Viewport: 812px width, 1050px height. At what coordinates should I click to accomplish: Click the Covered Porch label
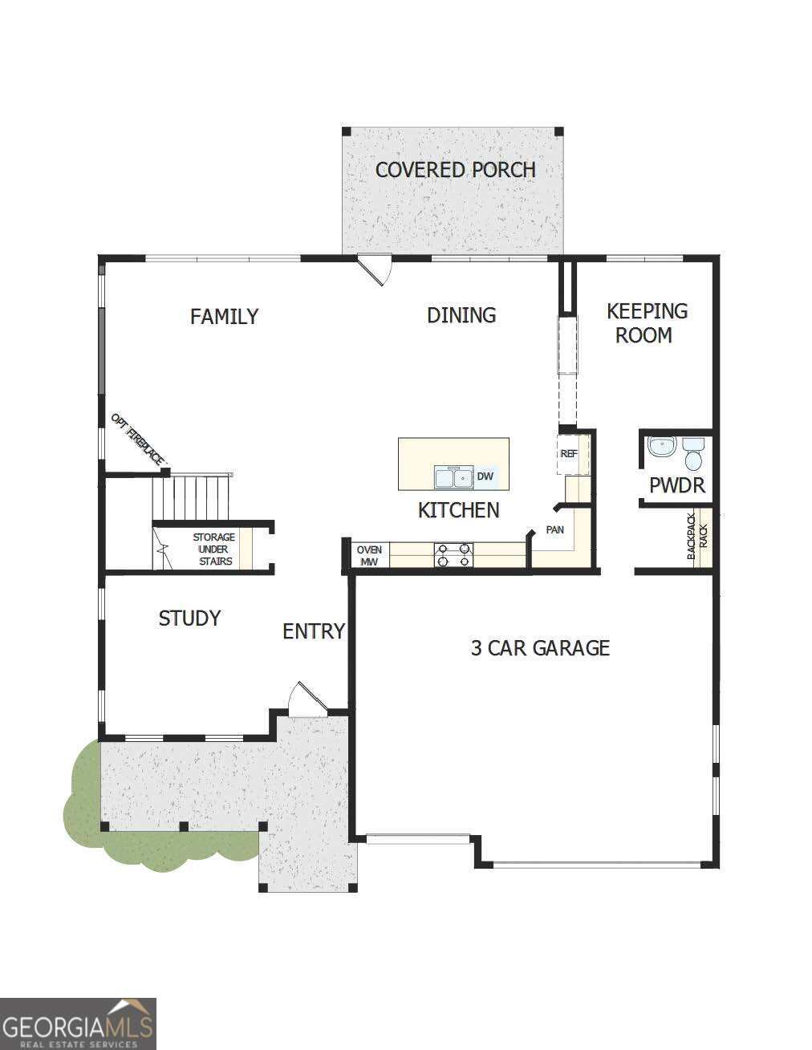pos(455,170)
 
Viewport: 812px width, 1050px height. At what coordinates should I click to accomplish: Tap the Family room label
pos(224,317)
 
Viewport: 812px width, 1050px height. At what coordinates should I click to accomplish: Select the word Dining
pos(461,315)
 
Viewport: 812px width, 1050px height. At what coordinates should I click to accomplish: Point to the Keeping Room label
pos(646,322)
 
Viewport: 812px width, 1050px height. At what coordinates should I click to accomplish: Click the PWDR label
pos(676,485)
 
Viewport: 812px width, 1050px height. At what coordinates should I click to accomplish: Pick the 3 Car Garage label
pos(540,648)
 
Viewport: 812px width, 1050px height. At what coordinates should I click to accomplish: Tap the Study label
pos(189,618)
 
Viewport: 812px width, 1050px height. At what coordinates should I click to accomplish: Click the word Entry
pos(313,632)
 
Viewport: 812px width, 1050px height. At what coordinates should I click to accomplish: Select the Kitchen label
pos(458,510)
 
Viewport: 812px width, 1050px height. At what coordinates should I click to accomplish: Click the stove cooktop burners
pos(453,555)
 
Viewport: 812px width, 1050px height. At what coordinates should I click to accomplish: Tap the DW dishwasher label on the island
pos(485,476)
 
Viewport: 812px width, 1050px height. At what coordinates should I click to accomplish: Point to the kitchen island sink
pos(453,477)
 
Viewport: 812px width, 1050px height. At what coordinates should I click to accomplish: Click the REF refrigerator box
pos(570,454)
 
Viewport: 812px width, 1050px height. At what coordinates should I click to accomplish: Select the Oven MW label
pos(369,556)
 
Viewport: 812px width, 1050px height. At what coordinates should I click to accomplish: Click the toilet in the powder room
pos(692,454)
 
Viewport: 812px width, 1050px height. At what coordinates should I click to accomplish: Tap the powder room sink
pos(662,447)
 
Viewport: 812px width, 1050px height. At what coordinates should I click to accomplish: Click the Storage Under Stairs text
pos(214,549)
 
